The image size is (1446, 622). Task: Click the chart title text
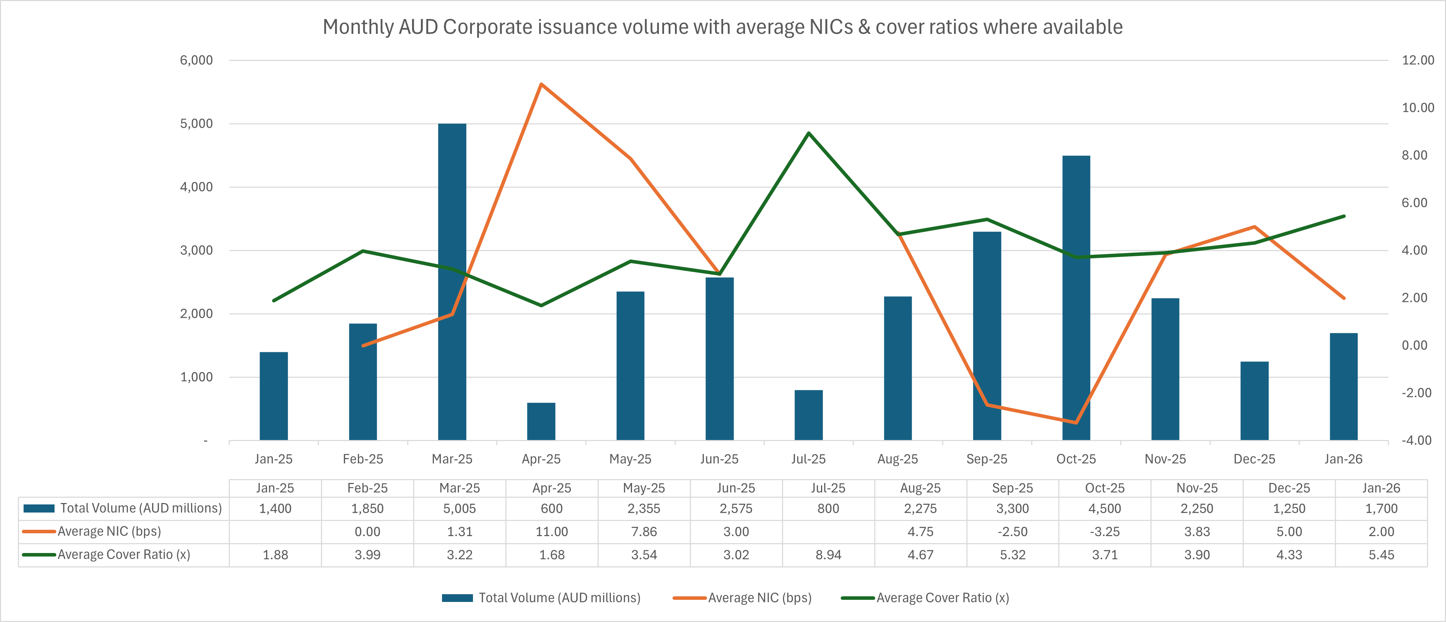(x=722, y=27)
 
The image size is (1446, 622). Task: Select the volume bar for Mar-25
(x=452, y=281)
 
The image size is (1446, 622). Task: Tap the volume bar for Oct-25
(x=1076, y=297)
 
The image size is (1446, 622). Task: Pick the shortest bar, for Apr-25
(x=541, y=421)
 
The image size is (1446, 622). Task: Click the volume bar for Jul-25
(x=808, y=415)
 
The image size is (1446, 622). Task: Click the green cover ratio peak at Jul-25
(x=808, y=133)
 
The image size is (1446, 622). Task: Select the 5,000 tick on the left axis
(x=196, y=124)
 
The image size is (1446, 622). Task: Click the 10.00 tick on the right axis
(x=1417, y=108)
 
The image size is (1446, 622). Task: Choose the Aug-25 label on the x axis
(x=898, y=459)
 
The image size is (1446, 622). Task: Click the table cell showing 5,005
(x=460, y=509)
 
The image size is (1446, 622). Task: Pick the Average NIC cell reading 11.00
(x=552, y=532)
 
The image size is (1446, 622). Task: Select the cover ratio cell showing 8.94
(x=828, y=555)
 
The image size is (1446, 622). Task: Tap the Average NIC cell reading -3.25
(x=1105, y=532)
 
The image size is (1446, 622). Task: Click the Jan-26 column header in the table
(x=1381, y=488)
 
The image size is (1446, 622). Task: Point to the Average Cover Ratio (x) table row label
(x=124, y=555)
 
